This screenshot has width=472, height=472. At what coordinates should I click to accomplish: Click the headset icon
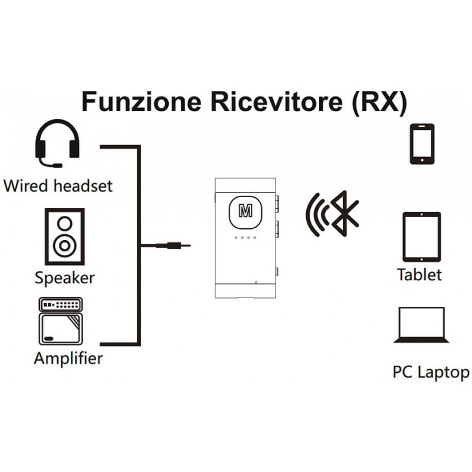coord(57,143)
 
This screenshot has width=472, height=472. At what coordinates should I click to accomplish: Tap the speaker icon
coord(65,236)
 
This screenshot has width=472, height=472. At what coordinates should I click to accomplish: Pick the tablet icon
coord(421,237)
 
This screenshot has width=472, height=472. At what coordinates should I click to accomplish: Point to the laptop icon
coord(421,324)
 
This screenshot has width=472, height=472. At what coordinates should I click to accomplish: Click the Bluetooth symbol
coord(345,213)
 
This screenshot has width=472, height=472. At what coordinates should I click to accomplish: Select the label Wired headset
coord(57,186)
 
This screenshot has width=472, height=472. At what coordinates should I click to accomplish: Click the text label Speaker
coord(64,277)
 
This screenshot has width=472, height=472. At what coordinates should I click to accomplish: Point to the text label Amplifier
coord(68,358)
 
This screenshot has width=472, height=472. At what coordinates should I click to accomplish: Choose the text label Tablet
coord(419,275)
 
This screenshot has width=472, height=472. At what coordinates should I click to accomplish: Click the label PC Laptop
coord(431,372)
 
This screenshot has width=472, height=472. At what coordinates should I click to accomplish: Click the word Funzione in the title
coord(141,101)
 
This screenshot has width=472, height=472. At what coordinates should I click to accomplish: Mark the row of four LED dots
coord(245,238)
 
